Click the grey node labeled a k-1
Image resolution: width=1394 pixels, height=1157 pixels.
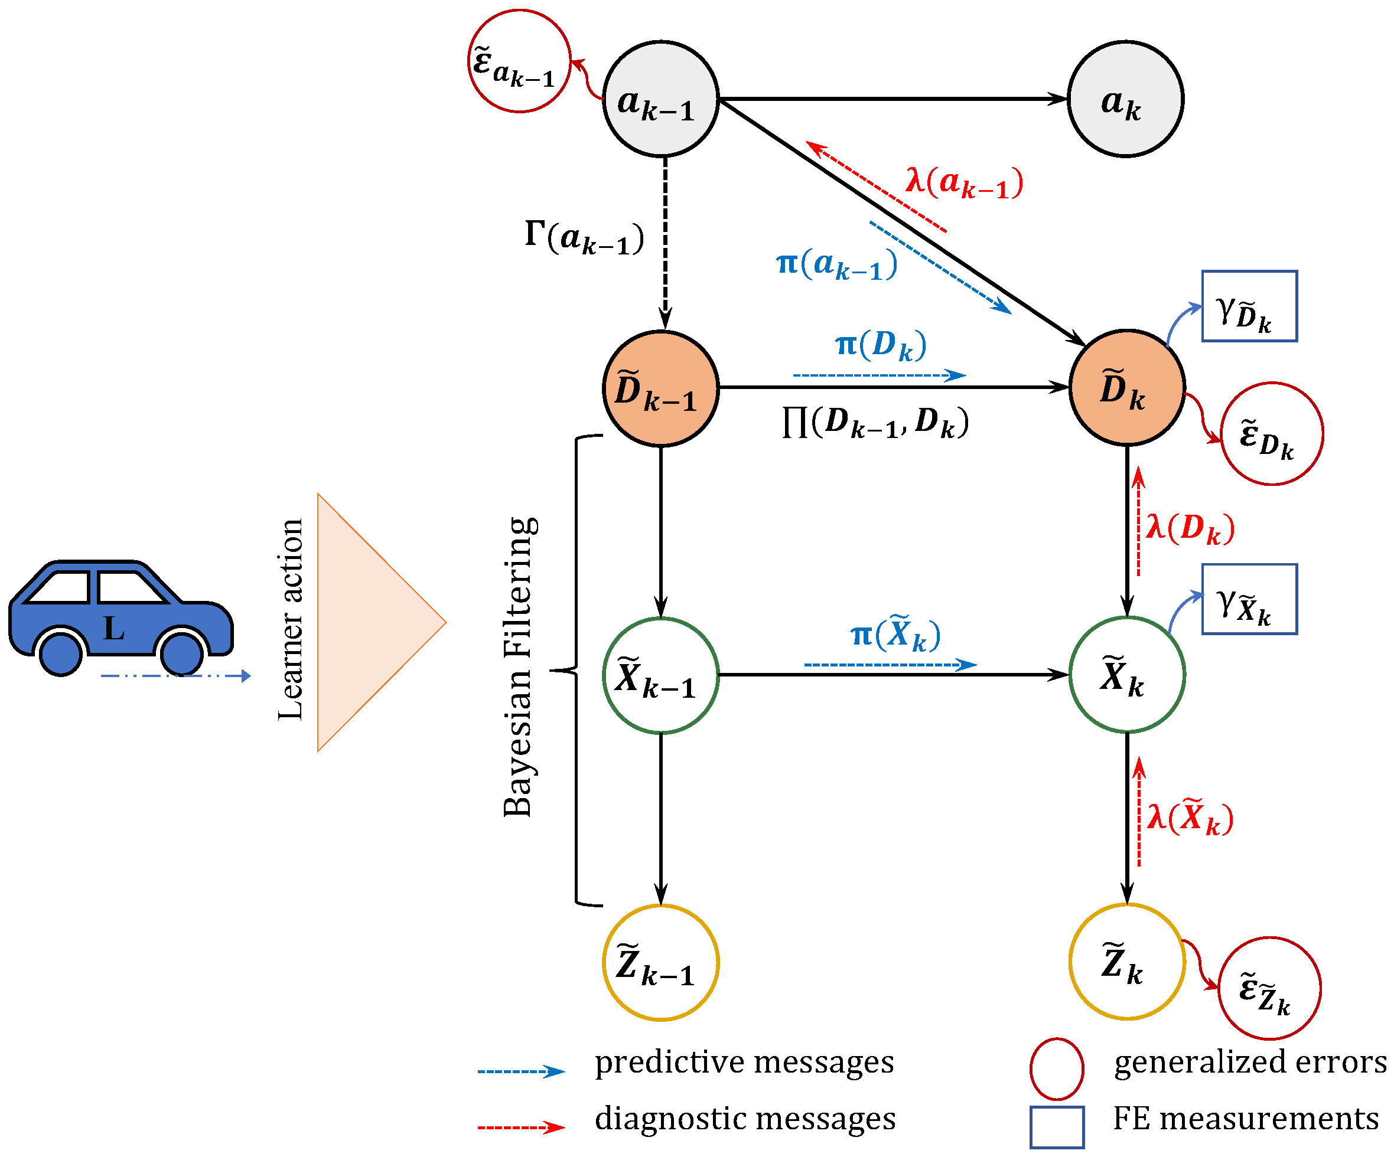(660, 100)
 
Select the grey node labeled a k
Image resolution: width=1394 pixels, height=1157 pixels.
(1125, 100)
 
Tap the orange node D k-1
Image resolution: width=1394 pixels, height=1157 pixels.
(660, 388)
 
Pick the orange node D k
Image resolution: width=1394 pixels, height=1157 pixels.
(1126, 387)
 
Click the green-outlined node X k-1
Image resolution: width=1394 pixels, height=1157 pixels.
(660, 675)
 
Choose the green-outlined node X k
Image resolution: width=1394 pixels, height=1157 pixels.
(1126, 675)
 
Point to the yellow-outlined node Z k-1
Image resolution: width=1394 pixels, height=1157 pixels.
(660, 963)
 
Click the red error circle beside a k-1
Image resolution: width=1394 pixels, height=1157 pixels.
(519, 61)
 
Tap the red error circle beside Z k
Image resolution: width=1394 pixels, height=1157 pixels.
(1269, 989)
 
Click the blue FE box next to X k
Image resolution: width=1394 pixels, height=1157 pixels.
(1249, 600)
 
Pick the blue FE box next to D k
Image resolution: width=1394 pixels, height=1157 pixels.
(1249, 306)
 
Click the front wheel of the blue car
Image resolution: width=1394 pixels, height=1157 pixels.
(181, 653)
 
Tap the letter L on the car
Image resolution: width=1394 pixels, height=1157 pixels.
(113, 627)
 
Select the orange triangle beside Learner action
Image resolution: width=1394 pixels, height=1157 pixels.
(365, 622)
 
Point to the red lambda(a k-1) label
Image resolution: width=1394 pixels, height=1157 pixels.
(964, 183)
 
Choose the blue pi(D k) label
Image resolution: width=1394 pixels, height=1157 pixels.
(880, 345)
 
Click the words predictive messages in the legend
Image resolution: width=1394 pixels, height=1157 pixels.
(744, 1063)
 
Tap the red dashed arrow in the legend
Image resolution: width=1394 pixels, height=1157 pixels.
(521, 1127)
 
